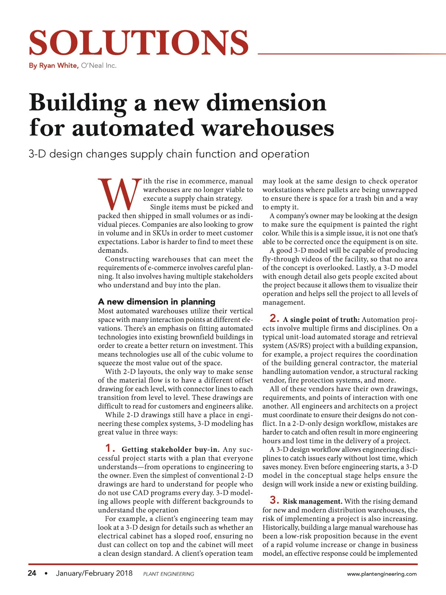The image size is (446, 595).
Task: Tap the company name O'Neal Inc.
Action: (98, 65)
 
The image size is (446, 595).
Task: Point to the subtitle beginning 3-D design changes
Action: (169, 154)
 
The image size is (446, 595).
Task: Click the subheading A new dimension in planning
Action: (156, 302)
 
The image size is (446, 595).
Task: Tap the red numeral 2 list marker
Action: (274, 318)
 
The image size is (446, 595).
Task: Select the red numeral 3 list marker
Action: (274, 500)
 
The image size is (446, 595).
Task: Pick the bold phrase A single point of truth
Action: (321, 319)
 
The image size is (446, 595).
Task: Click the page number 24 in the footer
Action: (32, 573)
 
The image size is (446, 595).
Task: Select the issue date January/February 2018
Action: (94, 573)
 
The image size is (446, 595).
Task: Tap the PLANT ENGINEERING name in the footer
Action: (168, 574)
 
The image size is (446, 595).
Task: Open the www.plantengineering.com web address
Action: (382, 574)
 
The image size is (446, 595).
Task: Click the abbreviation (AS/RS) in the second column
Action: (298, 345)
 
